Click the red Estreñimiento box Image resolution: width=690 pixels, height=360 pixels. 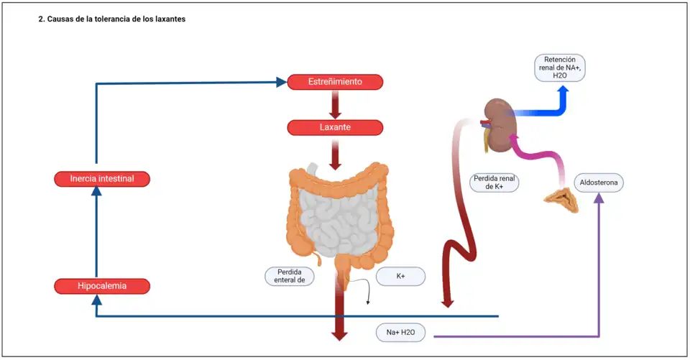[x=335, y=82]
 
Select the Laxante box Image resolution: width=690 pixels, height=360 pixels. [x=335, y=128]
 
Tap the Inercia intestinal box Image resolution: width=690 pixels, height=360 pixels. [x=102, y=178]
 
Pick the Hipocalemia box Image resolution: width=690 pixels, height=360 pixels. [x=102, y=286]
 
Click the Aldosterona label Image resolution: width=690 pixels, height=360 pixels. [x=598, y=183]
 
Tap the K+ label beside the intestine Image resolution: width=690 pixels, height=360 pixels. [x=400, y=276]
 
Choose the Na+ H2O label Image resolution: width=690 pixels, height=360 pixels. [x=401, y=333]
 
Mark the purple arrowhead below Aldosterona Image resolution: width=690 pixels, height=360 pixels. [x=598, y=198]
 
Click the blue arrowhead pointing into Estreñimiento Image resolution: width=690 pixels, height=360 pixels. [x=280, y=82]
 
